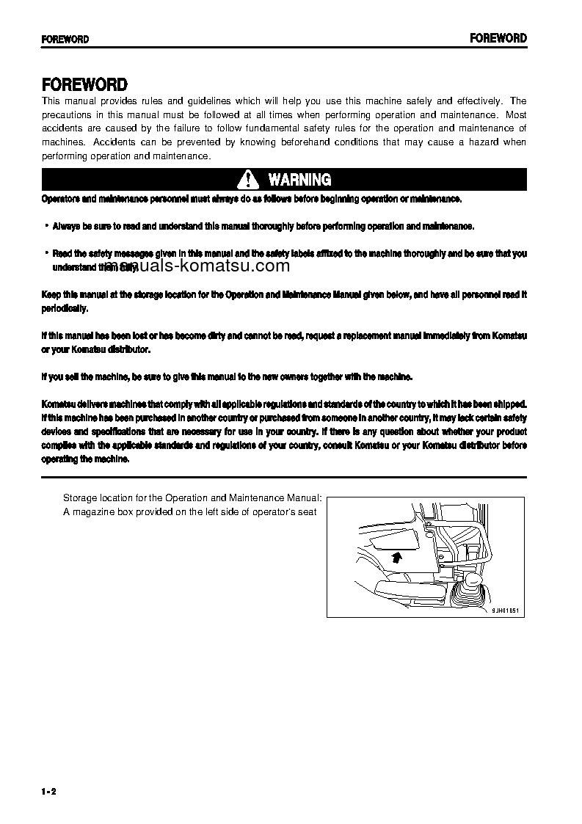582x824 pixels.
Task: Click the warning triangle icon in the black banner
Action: (x=249, y=180)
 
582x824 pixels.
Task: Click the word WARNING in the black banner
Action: (x=299, y=180)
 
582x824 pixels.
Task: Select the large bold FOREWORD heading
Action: (x=84, y=85)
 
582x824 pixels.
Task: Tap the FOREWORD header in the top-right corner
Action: (x=498, y=38)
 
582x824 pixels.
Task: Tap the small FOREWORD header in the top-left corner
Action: (x=65, y=40)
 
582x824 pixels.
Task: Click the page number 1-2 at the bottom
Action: (x=49, y=791)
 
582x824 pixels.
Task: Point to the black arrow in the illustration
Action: (x=396, y=557)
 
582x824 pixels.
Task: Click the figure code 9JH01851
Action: (x=505, y=611)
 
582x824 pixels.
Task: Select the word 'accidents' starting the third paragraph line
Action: (x=62, y=128)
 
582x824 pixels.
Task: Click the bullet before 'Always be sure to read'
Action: (x=46, y=226)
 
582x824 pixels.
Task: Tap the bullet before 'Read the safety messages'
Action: (x=46, y=253)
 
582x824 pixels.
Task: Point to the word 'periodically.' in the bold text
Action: (x=65, y=308)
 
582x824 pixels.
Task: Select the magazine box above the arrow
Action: (x=393, y=542)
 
